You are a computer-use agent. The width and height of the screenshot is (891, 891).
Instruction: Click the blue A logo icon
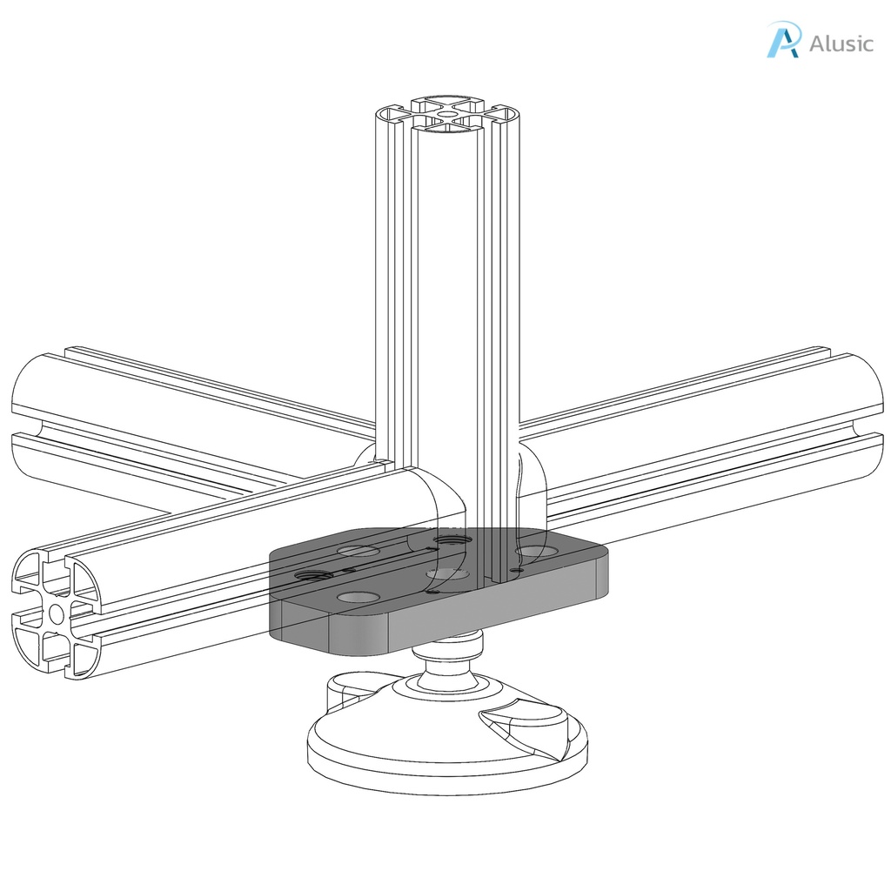pos(782,41)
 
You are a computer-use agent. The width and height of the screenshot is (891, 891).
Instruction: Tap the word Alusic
pos(841,44)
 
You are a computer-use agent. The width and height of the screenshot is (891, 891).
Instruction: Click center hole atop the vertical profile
pos(446,113)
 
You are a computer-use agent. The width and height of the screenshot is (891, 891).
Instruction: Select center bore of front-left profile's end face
pos(57,613)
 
